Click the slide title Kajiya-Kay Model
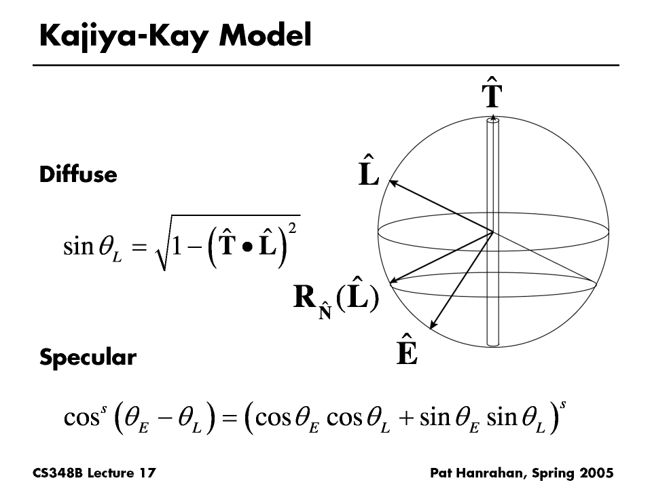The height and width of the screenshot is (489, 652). click(175, 35)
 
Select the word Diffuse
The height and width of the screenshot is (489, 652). click(78, 175)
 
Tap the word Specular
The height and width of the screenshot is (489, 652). click(88, 357)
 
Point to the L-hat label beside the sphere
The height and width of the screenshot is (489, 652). click(368, 170)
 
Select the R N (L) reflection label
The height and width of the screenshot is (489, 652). click(335, 300)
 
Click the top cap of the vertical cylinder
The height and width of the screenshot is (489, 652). click(492, 121)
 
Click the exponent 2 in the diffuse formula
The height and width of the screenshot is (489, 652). click(292, 228)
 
